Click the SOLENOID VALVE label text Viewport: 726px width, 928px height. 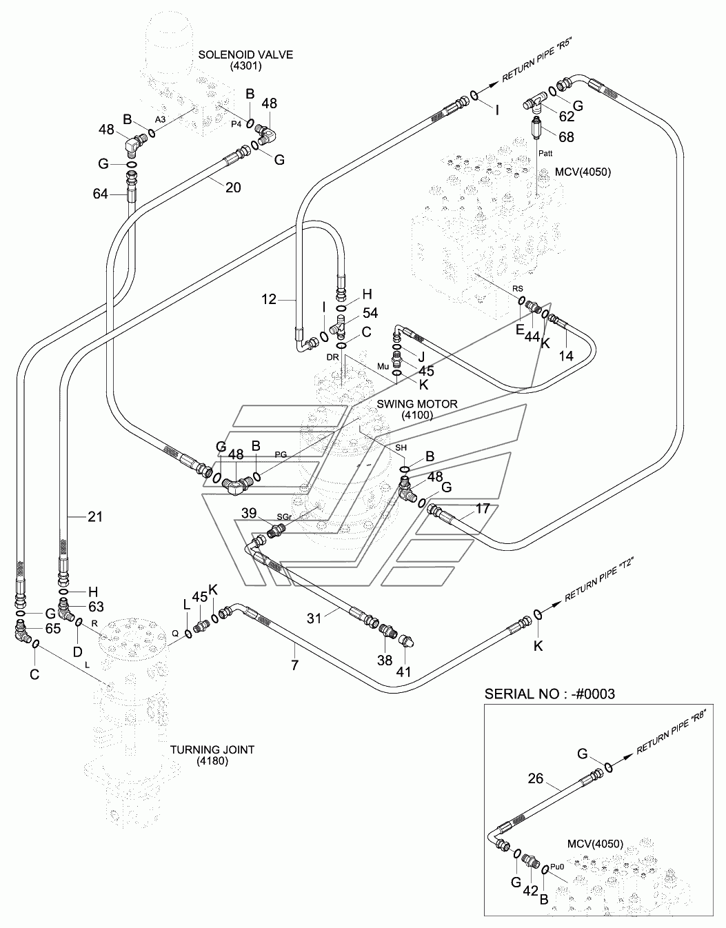[x=245, y=55]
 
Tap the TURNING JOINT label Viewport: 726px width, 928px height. [x=212, y=750]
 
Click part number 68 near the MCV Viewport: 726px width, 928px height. [x=566, y=137]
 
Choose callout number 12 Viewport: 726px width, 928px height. [x=269, y=299]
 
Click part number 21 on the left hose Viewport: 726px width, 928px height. [x=95, y=516]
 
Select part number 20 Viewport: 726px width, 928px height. [x=233, y=186]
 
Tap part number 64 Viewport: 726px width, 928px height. [x=101, y=194]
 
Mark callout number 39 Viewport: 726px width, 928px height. [x=249, y=513]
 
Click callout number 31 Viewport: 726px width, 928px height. [x=314, y=618]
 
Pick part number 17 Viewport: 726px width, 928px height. [x=483, y=508]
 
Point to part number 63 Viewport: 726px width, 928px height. [x=95, y=606]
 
